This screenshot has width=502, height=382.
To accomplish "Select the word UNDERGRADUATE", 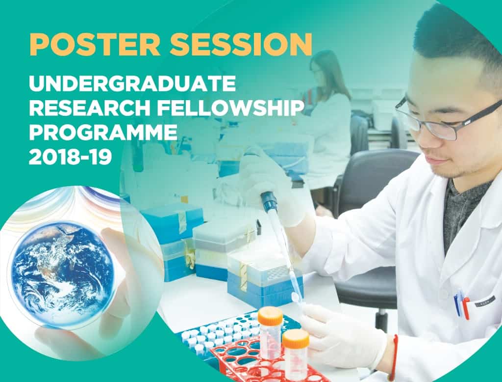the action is tap(132, 83).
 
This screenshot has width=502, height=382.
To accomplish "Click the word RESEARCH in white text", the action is tap(89, 108).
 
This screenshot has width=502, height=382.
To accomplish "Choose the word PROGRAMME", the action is tap(103, 132).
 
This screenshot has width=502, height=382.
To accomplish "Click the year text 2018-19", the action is tap(71, 157).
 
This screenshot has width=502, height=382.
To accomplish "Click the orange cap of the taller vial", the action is tap(271, 315).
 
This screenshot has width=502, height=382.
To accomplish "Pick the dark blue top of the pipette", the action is tap(268, 200).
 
